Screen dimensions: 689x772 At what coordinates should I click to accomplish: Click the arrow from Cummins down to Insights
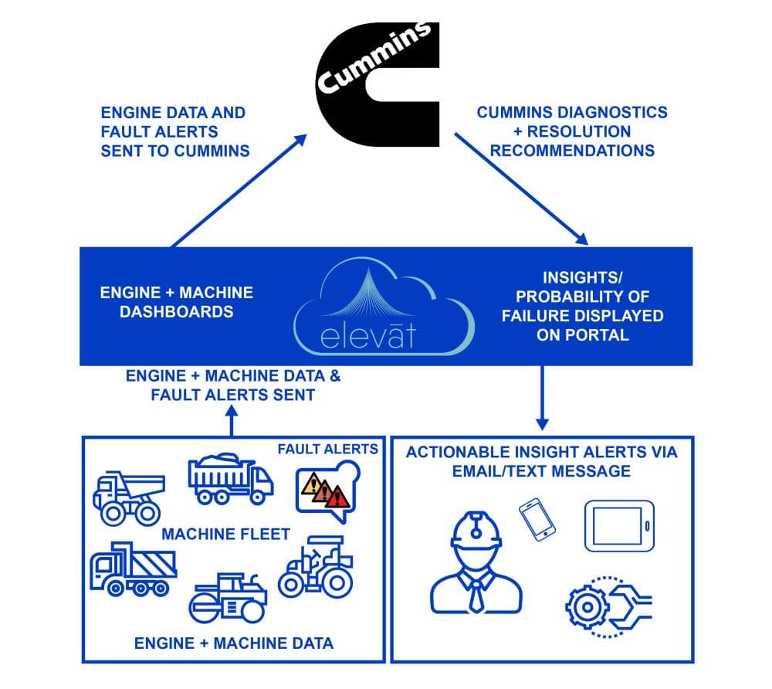[x=520, y=189]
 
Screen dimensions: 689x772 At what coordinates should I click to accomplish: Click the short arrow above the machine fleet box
[x=232, y=421]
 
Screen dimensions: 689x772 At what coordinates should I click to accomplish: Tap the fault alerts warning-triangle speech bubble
[x=327, y=490]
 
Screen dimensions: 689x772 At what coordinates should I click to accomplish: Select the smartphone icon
[x=538, y=519]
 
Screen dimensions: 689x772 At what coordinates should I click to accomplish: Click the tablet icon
[x=619, y=525]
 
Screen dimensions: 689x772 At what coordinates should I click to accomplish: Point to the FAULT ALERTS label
[x=328, y=449]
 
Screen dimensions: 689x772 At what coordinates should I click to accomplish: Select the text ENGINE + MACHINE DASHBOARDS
[x=177, y=302]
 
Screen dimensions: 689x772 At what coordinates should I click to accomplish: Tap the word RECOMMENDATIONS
[x=571, y=150]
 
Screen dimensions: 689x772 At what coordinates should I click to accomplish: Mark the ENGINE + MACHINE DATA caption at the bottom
[x=234, y=643]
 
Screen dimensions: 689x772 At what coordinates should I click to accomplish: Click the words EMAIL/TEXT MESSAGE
[x=542, y=470]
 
